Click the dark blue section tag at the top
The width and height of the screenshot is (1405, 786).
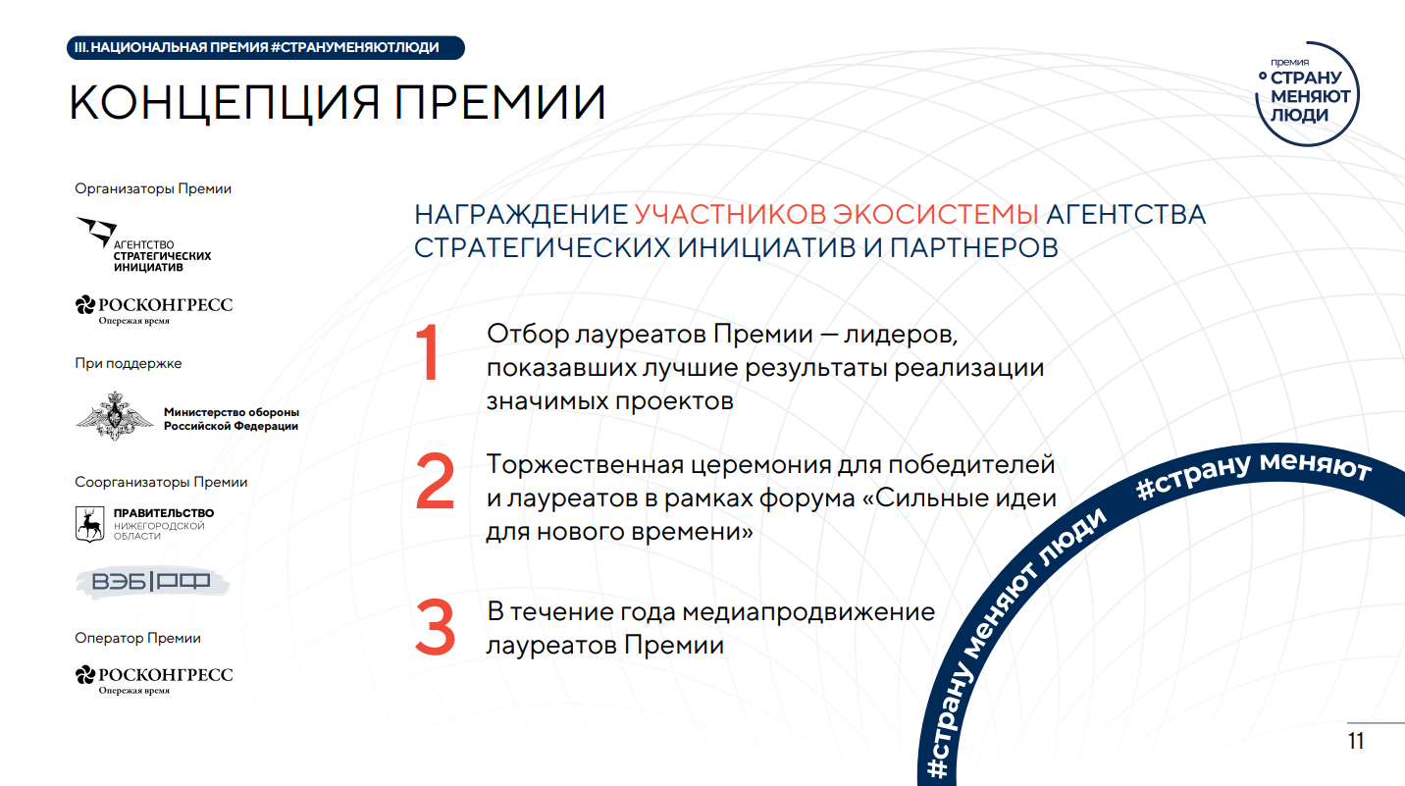[x=265, y=48]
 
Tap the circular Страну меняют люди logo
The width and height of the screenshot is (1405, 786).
[x=1307, y=94]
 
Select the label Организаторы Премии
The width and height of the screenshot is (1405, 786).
[x=153, y=188]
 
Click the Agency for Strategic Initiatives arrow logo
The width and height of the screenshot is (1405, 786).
[x=96, y=231]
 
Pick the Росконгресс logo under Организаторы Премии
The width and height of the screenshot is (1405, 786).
[x=154, y=309]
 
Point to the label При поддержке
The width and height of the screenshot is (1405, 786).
[x=128, y=363]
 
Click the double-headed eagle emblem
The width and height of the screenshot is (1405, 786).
[x=115, y=416]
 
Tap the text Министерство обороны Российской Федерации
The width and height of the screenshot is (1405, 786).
[x=232, y=419]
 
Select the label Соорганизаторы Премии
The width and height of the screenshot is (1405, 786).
[x=161, y=482]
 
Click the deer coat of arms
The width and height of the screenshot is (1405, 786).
[x=89, y=524]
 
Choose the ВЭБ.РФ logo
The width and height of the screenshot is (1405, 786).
[x=152, y=582]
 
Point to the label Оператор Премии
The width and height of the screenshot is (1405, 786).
[x=137, y=638]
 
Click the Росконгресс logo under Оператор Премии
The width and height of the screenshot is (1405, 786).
[x=154, y=679]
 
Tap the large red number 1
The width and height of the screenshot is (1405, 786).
[x=429, y=352]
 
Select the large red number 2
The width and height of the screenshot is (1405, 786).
[x=435, y=481]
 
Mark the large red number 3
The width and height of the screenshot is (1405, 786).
[x=435, y=627]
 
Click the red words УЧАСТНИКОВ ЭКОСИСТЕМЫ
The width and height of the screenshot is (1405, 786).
[x=837, y=215]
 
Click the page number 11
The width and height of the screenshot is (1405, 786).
[x=1356, y=742]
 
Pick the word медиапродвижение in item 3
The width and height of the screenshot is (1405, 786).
[x=808, y=611]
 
